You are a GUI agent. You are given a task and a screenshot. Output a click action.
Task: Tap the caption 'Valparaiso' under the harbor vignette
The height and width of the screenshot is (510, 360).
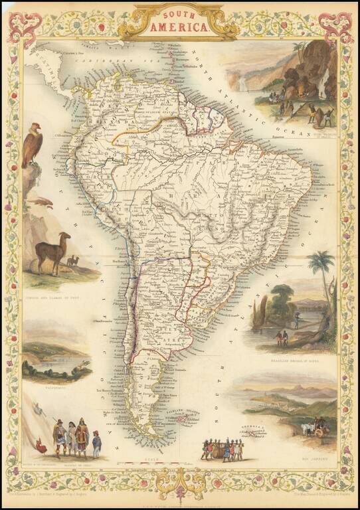coord(55,385)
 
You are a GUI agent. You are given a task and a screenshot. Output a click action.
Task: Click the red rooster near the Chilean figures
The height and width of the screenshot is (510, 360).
coord(42,447)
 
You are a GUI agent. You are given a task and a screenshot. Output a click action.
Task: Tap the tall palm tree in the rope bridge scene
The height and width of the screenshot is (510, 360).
coord(325,279)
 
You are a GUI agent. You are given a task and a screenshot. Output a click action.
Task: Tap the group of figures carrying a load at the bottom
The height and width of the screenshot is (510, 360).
coord(223,450)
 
